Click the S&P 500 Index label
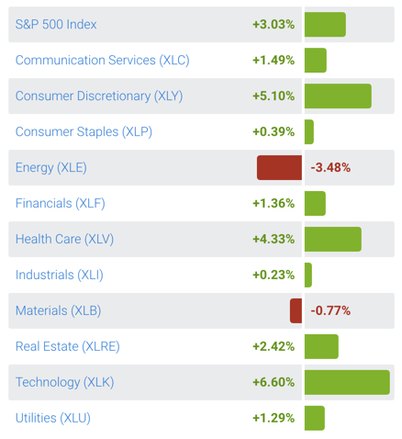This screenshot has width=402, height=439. (56, 25)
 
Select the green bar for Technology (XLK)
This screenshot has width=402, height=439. (346, 382)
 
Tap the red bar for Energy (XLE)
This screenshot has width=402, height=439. (279, 168)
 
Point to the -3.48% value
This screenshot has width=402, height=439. (330, 168)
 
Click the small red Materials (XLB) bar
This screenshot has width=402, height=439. (296, 310)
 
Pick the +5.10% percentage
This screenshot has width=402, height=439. (274, 96)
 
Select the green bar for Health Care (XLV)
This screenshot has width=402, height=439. (332, 239)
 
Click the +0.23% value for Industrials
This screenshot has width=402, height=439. (274, 275)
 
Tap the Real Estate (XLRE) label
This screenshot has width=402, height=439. (68, 346)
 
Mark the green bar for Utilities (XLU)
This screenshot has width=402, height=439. (314, 418)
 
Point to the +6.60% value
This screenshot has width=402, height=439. (274, 382)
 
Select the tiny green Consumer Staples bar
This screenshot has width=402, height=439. (308, 132)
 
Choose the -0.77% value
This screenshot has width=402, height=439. (330, 310)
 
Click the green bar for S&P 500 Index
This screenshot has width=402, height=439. (325, 25)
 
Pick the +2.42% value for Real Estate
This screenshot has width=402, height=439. (274, 346)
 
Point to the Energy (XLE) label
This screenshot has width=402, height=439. (51, 168)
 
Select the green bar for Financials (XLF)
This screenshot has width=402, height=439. (315, 203)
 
